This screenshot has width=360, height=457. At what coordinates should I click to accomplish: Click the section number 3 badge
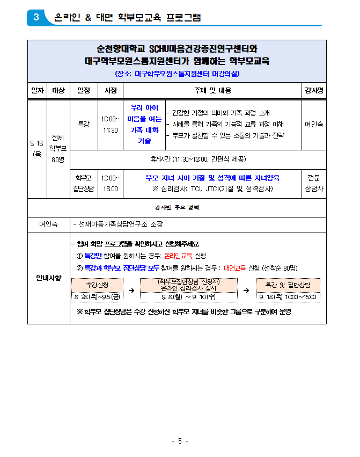click(x=36, y=17)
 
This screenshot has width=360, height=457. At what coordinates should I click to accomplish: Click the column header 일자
click(x=37, y=91)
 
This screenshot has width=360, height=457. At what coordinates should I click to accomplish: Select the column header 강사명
click(x=314, y=91)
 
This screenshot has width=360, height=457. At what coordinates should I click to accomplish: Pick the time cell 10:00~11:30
click(x=111, y=124)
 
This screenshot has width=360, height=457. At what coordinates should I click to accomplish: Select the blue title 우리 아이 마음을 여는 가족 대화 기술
click(x=144, y=124)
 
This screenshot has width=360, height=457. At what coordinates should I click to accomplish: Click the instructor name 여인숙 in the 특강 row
click(x=314, y=124)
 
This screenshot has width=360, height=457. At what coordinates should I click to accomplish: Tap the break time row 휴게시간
click(x=198, y=159)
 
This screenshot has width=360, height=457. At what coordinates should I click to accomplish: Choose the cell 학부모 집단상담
click(x=83, y=183)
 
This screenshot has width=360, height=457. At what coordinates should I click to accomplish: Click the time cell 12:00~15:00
click(x=111, y=183)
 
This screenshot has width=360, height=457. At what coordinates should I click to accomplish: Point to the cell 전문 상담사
click(x=314, y=183)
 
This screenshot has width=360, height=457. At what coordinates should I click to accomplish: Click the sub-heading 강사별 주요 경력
click(x=177, y=207)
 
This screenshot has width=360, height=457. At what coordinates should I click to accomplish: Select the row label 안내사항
click(x=49, y=278)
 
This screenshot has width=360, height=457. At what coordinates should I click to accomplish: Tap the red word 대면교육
click(x=235, y=267)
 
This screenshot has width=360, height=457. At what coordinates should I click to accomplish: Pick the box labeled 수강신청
click(x=97, y=285)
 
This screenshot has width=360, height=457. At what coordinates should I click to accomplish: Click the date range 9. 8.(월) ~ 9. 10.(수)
click(x=188, y=296)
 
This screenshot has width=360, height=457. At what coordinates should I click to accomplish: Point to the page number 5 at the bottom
click(x=180, y=441)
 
